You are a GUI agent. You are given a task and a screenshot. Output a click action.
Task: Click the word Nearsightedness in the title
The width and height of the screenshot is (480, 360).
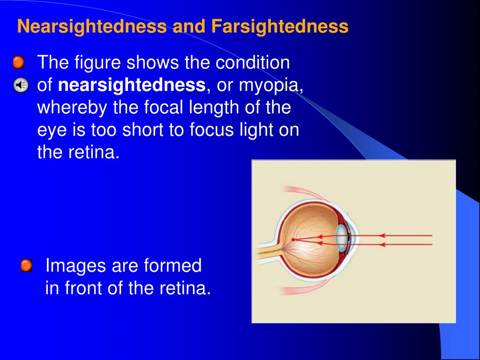(91, 27)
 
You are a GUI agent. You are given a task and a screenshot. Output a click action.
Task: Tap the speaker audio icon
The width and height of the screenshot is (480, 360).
(20, 85)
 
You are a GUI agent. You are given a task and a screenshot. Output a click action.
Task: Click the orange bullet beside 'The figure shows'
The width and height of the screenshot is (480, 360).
(18, 62)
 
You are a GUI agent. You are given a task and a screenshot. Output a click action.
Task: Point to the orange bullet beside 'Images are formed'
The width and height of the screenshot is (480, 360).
(26, 266)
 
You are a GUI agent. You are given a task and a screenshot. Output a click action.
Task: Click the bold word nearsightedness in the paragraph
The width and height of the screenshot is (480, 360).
(132, 85)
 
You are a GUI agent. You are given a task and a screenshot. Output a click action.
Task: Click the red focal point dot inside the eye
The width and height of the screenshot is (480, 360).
(293, 240)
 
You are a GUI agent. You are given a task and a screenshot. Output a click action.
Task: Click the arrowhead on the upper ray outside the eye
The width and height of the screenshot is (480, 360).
(382, 235)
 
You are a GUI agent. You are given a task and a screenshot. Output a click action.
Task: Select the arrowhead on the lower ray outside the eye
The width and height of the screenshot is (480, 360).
(382, 244)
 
